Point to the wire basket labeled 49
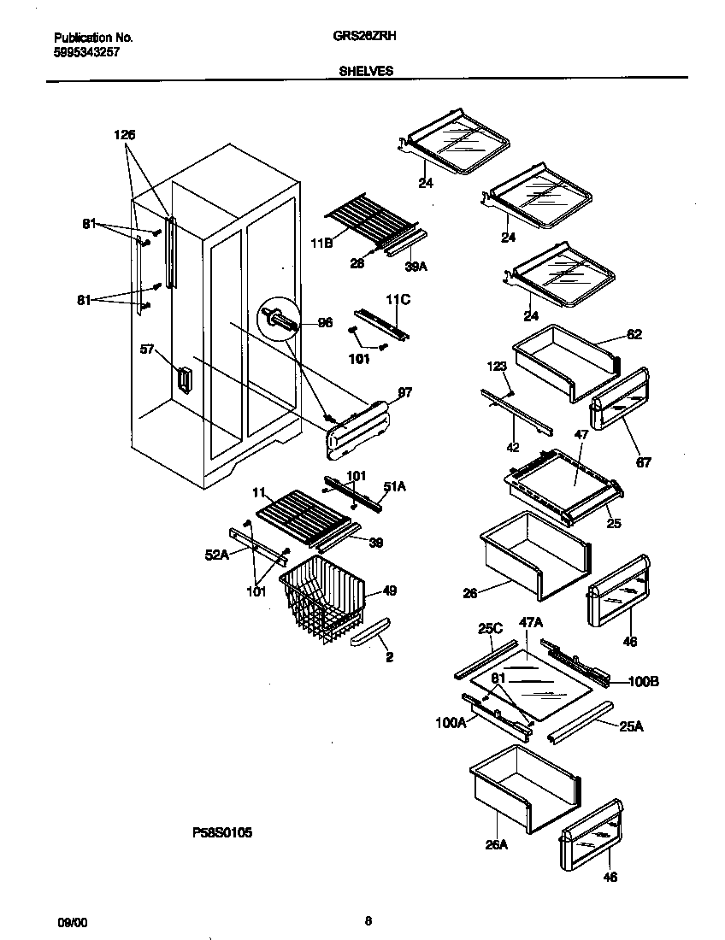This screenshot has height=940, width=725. (x=322, y=598)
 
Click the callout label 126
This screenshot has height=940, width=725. (x=124, y=135)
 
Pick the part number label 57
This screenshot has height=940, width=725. (x=146, y=349)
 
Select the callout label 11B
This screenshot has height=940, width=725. (x=321, y=244)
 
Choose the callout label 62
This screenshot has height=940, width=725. (x=634, y=334)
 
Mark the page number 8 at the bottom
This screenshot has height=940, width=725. (x=368, y=921)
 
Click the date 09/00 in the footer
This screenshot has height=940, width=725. (x=72, y=922)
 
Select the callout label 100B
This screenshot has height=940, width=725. (x=645, y=681)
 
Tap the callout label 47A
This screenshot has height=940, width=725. (x=532, y=624)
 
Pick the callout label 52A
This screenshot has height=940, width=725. (x=217, y=555)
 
